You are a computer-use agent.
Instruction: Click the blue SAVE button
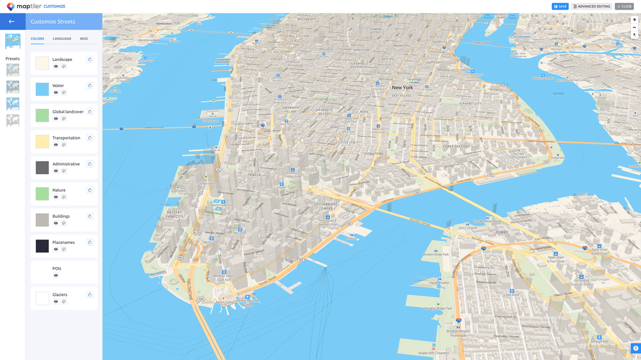pyautogui.click(x=560, y=6)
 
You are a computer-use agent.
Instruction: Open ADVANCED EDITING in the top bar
pyautogui.click(x=592, y=6)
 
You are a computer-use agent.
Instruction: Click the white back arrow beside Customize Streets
pyautogui.click(x=12, y=22)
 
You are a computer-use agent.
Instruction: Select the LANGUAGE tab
pyautogui.click(x=62, y=39)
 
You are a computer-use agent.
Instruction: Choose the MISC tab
pyautogui.click(x=84, y=39)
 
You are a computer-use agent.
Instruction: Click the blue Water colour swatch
pyautogui.click(x=42, y=89)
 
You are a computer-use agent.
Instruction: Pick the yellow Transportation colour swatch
pyautogui.click(x=42, y=142)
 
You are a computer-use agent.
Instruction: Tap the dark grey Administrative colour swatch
pyautogui.click(x=42, y=168)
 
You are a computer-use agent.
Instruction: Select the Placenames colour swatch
pyautogui.click(x=42, y=246)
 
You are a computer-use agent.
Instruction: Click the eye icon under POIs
pyautogui.click(x=56, y=275)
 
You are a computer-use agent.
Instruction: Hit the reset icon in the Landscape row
pyautogui.click(x=90, y=60)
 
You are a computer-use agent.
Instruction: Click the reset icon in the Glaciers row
pyautogui.click(x=90, y=295)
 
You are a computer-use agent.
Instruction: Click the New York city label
pyautogui.click(x=403, y=88)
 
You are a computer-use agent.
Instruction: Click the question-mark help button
pyautogui.click(x=635, y=348)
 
